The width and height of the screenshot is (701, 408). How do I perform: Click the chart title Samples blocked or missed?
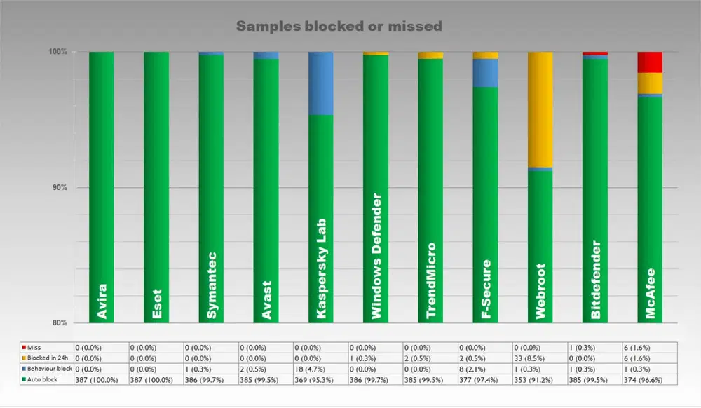tap(339, 27)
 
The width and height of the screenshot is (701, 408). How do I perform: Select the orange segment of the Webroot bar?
tap(540, 109)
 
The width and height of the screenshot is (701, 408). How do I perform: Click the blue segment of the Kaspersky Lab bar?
tap(321, 83)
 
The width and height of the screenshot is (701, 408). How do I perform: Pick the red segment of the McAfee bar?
tap(650, 62)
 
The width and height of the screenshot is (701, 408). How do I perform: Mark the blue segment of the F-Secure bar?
tap(485, 73)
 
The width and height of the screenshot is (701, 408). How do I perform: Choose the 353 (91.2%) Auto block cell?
tap(540, 379)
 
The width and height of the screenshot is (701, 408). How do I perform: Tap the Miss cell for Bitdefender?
tap(594, 347)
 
